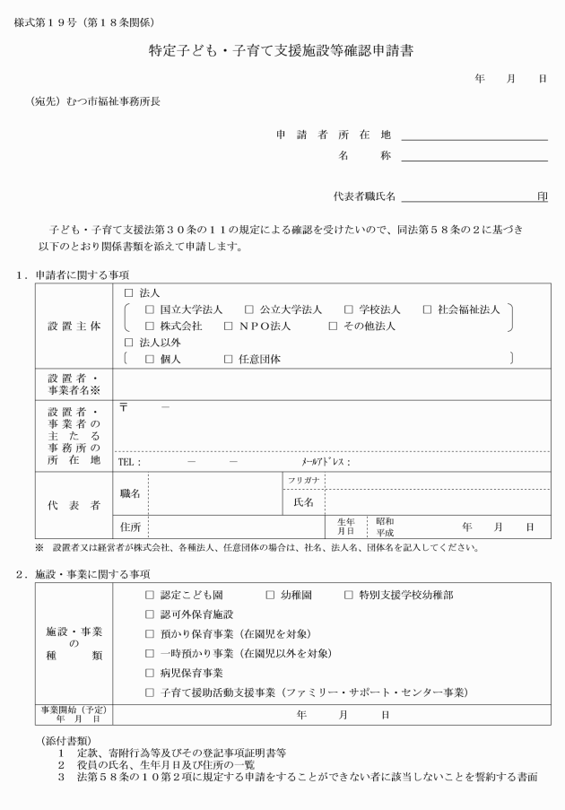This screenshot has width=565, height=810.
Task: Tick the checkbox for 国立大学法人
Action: pyautogui.click(x=150, y=309)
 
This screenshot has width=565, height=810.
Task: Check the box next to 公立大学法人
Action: pyautogui.click(x=249, y=309)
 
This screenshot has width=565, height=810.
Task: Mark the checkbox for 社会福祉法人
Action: pyautogui.click(x=427, y=309)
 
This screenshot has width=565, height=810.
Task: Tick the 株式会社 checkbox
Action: pyautogui.click(x=150, y=327)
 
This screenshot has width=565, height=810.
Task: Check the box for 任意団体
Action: pyautogui.click(x=229, y=359)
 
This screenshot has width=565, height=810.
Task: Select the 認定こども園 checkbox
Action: pyautogui.click(x=150, y=595)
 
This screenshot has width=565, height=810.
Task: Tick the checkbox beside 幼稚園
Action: pyautogui.click(x=270, y=595)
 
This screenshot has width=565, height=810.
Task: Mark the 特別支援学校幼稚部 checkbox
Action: pyautogui.click(x=349, y=595)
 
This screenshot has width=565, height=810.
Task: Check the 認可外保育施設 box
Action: pyautogui.click(x=150, y=614)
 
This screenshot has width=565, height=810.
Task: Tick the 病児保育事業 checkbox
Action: pyautogui.click(x=150, y=672)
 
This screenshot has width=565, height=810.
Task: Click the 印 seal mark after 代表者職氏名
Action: pyautogui.click(x=542, y=196)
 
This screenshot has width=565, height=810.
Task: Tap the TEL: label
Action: pyautogui.click(x=130, y=462)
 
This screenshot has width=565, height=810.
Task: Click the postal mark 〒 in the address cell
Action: pyautogui.click(x=124, y=407)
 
